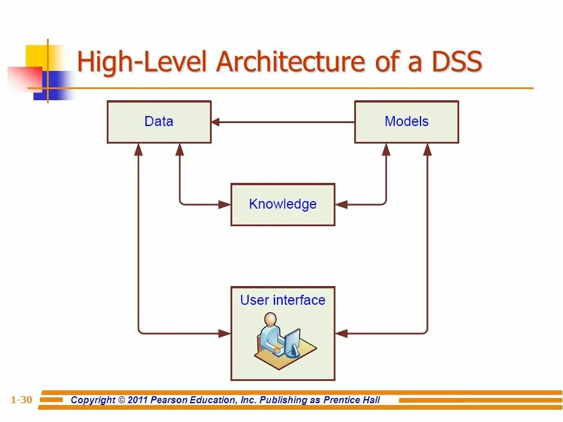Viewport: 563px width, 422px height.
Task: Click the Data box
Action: coord(159,122)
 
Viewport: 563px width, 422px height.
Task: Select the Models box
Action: coord(406,122)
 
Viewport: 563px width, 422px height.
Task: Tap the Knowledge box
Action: coord(283,205)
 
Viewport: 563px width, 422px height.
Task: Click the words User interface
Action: coord(283,300)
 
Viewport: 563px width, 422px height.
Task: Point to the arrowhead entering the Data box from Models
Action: coord(215,122)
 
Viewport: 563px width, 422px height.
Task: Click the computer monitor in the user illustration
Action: coord(292,342)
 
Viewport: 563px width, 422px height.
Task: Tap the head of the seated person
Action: coord(270,319)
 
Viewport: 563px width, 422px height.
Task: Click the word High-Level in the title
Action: coord(144,62)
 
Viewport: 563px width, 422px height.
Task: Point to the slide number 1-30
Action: coord(21,400)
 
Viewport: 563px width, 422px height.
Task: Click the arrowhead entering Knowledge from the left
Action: coord(226,205)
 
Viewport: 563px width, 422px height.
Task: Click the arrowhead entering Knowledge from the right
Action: coord(340,205)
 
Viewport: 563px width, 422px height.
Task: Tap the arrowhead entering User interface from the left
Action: coord(226,333)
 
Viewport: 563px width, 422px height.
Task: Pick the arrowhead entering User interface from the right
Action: coord(340,333)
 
